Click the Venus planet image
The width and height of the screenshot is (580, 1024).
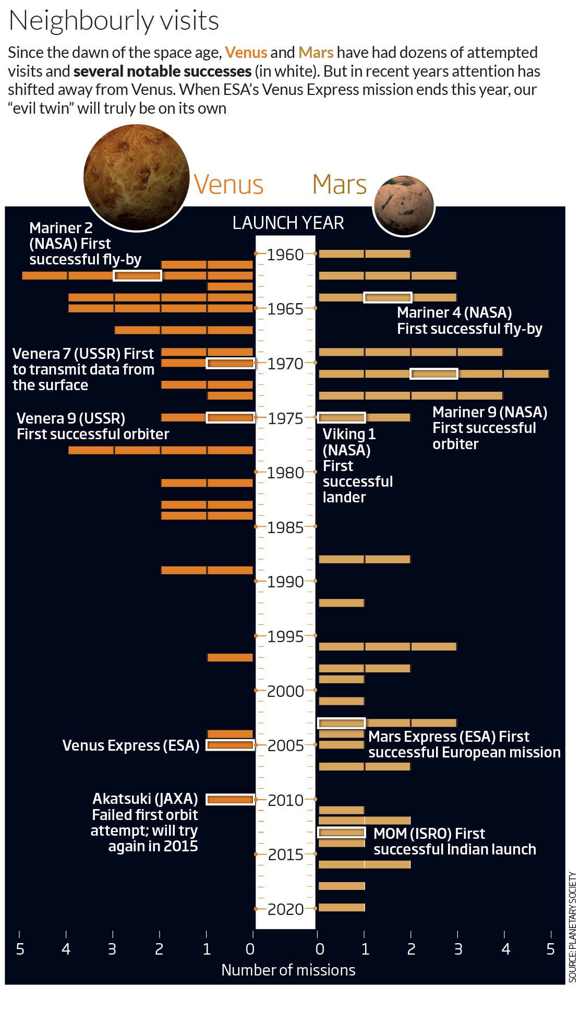click(136, 177)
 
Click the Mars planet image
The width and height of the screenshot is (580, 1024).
click(404, 206)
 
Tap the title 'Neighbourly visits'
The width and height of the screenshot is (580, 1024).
click(114, 21)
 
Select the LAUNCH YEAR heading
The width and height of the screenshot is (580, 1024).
click(288, 223)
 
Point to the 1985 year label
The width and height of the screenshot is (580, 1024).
click(285, 527)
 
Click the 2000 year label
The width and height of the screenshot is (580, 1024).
click(285, 691)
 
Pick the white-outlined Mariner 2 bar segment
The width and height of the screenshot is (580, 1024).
click(137, 275)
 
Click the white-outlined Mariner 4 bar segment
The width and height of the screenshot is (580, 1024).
click(388, 297)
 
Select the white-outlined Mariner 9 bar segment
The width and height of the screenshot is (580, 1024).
click(433, 374)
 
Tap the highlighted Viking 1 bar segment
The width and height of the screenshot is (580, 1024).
click(342, 417)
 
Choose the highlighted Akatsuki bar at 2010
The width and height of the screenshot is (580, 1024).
click(230, 799)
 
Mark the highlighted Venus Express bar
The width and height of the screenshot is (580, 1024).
click(230, 745)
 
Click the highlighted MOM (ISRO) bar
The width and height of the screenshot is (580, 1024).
click(342, 832)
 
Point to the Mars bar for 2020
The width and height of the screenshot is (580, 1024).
click(342, 908)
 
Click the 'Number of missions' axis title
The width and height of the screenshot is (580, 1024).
click(288, 970)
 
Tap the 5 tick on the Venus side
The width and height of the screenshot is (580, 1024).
click(20, 949)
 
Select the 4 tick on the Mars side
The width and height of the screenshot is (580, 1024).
click(505, 949)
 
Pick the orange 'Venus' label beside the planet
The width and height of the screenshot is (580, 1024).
click(228, 185)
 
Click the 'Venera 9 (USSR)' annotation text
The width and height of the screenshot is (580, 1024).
click(71, 418)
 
